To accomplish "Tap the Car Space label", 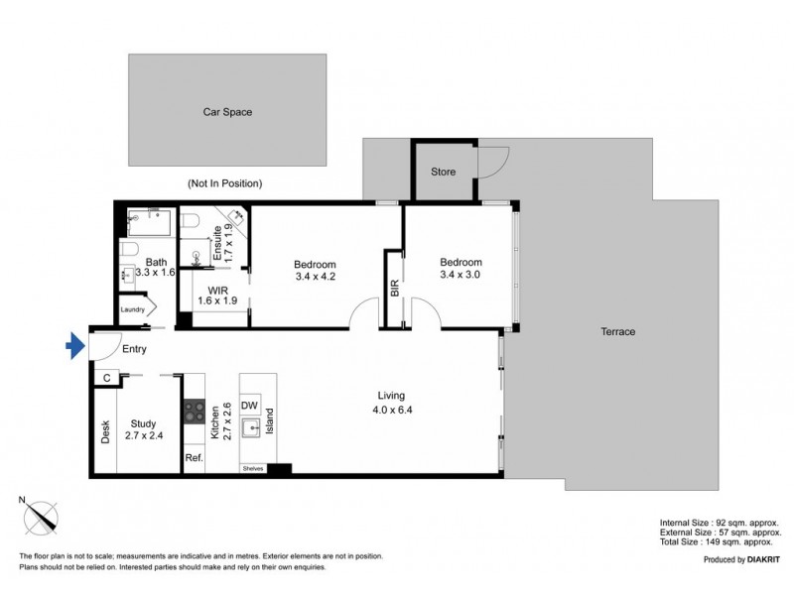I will [227, 112].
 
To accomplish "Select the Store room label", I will [443, 172].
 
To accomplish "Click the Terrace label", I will [616, 331].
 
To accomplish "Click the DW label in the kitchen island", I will [250, 405].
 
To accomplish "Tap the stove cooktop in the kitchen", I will [194, 409].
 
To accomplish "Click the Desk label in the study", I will [104, 431].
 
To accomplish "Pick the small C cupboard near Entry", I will [106, 377].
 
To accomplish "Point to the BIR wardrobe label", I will [395, 289].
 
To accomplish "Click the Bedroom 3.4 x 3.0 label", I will [460, 269].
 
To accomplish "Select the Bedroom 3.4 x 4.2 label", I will [315, 271].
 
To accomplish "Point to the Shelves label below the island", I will [251, 469].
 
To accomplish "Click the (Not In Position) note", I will [223, 183].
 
